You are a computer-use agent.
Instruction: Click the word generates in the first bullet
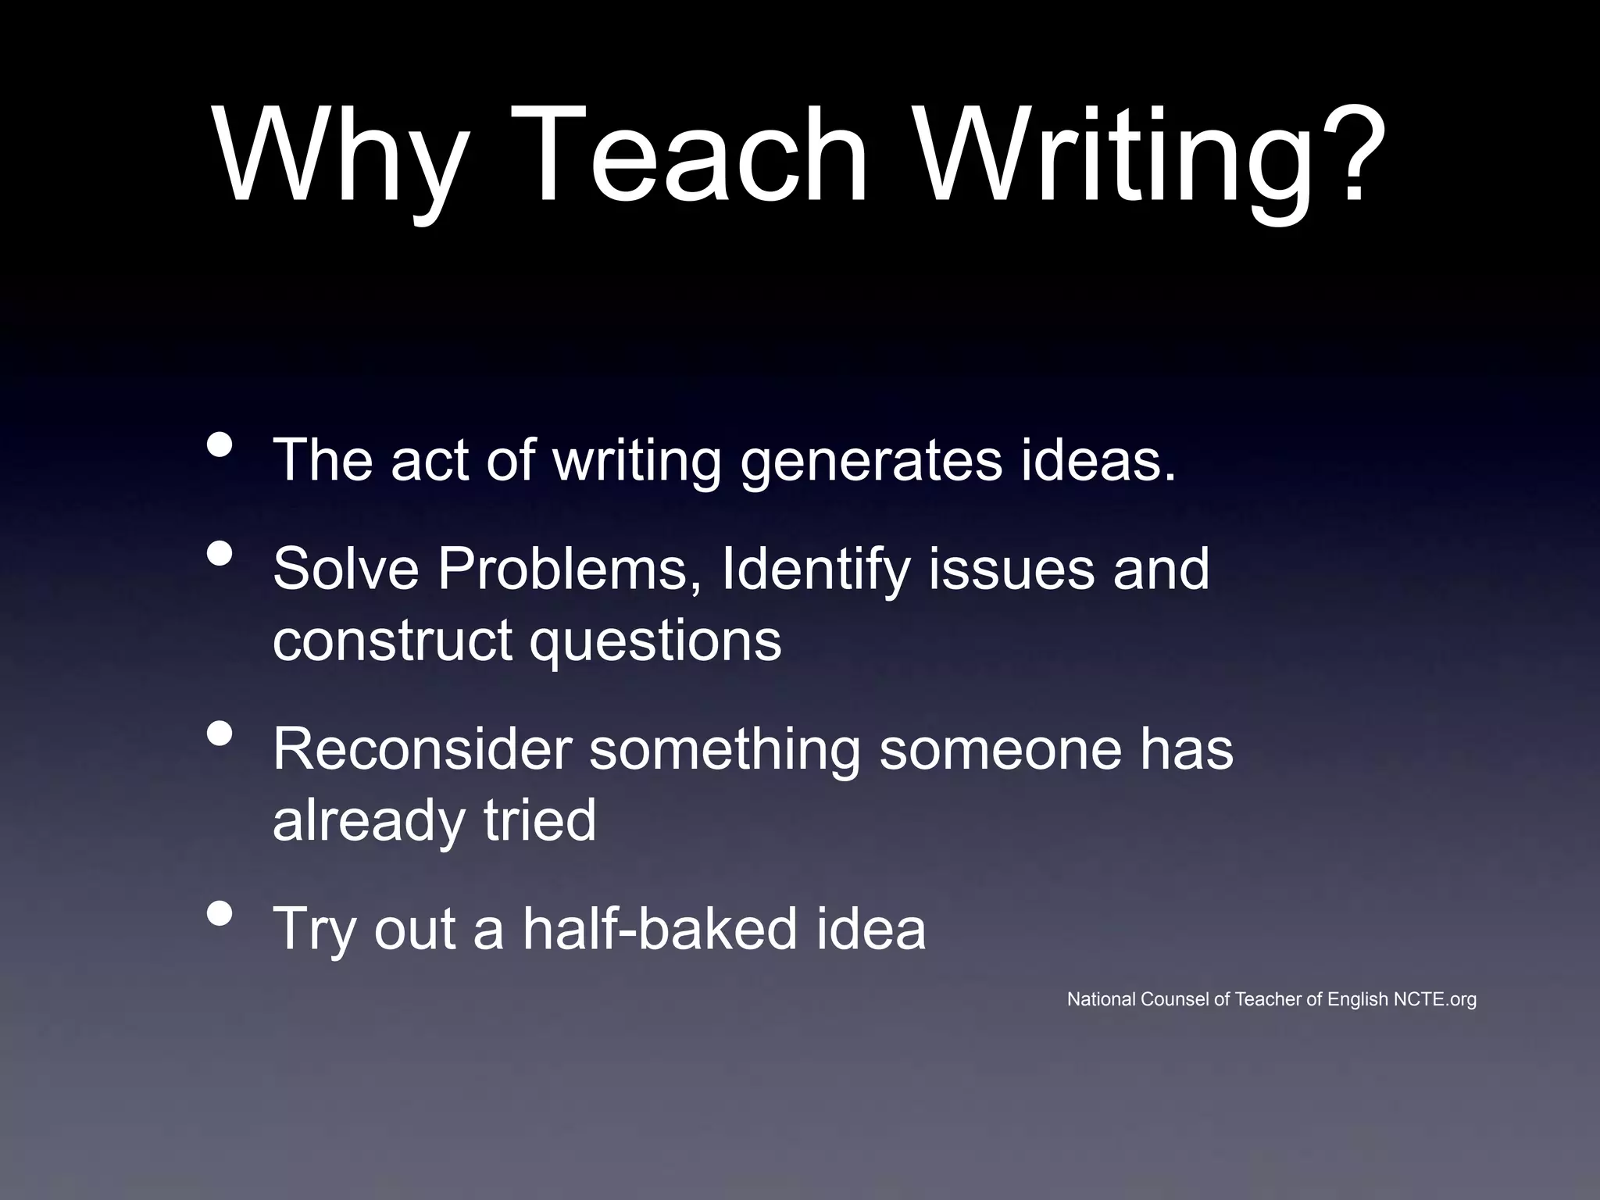(870, 461)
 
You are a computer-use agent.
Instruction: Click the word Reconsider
(422, 748)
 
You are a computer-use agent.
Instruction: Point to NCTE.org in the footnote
(1435, 999)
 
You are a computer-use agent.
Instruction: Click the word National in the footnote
(1102, 999)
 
